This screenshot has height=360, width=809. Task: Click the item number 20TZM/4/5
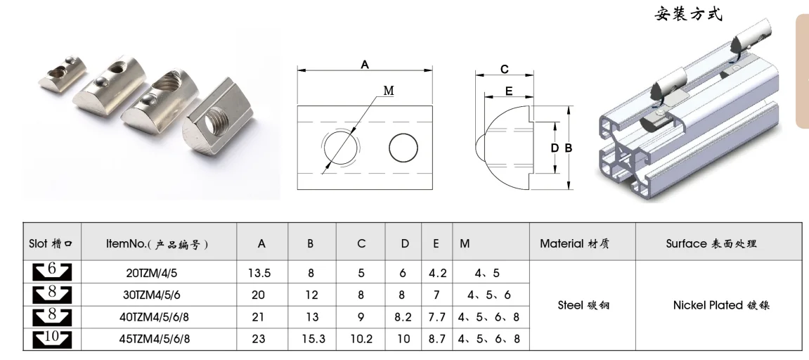pyautogui.click(x=158, y=273)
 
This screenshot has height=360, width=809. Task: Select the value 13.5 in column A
pyautogui.click(x=259, y=273)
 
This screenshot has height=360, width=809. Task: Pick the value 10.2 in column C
pyautogui.click(x=361, y=339)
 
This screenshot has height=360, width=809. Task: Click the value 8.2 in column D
pyautogui.click(x=403, y=316)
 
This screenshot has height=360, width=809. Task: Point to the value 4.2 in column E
pyautogui.click(x=437, y=273)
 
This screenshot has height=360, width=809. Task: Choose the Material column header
pyautogui.click(x=574, y=243)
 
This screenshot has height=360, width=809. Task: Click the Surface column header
pyautogui.click(x=711, y=243)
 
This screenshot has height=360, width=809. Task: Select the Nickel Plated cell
pyautogui.click(x=720, y=305)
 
